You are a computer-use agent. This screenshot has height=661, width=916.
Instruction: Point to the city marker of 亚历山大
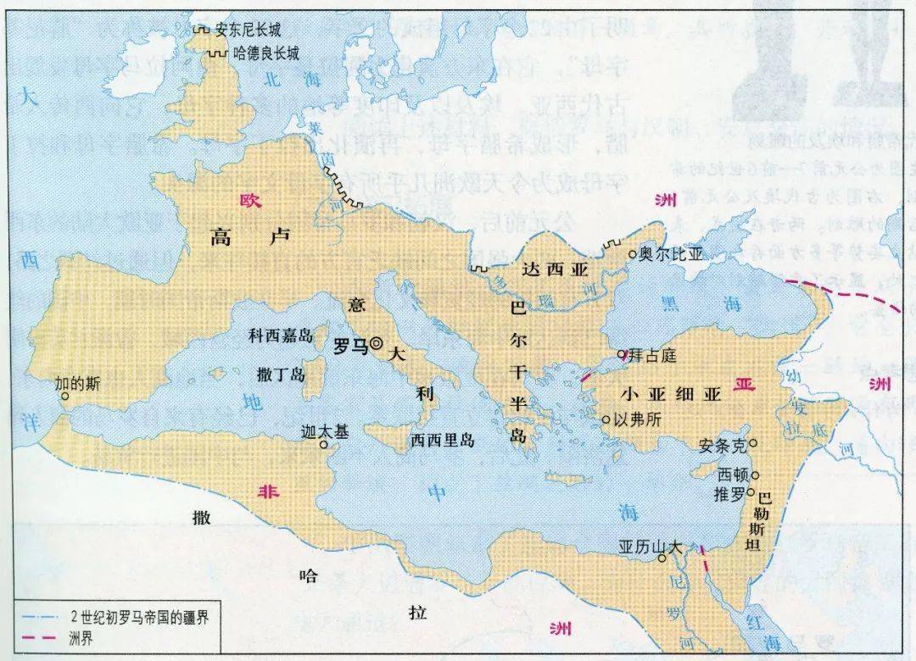tap(662, 558)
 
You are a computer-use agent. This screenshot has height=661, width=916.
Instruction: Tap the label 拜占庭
tap(653, 355)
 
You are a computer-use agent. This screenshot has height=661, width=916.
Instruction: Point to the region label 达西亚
tap(555, 269)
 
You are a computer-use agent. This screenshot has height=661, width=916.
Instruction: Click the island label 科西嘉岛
tap(281, 336)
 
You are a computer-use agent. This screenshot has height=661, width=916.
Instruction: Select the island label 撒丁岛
tap(280, 374)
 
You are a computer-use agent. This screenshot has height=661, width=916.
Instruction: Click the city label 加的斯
tap(77, 382)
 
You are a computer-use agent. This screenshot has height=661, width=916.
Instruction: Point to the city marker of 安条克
tap(753, 442)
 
